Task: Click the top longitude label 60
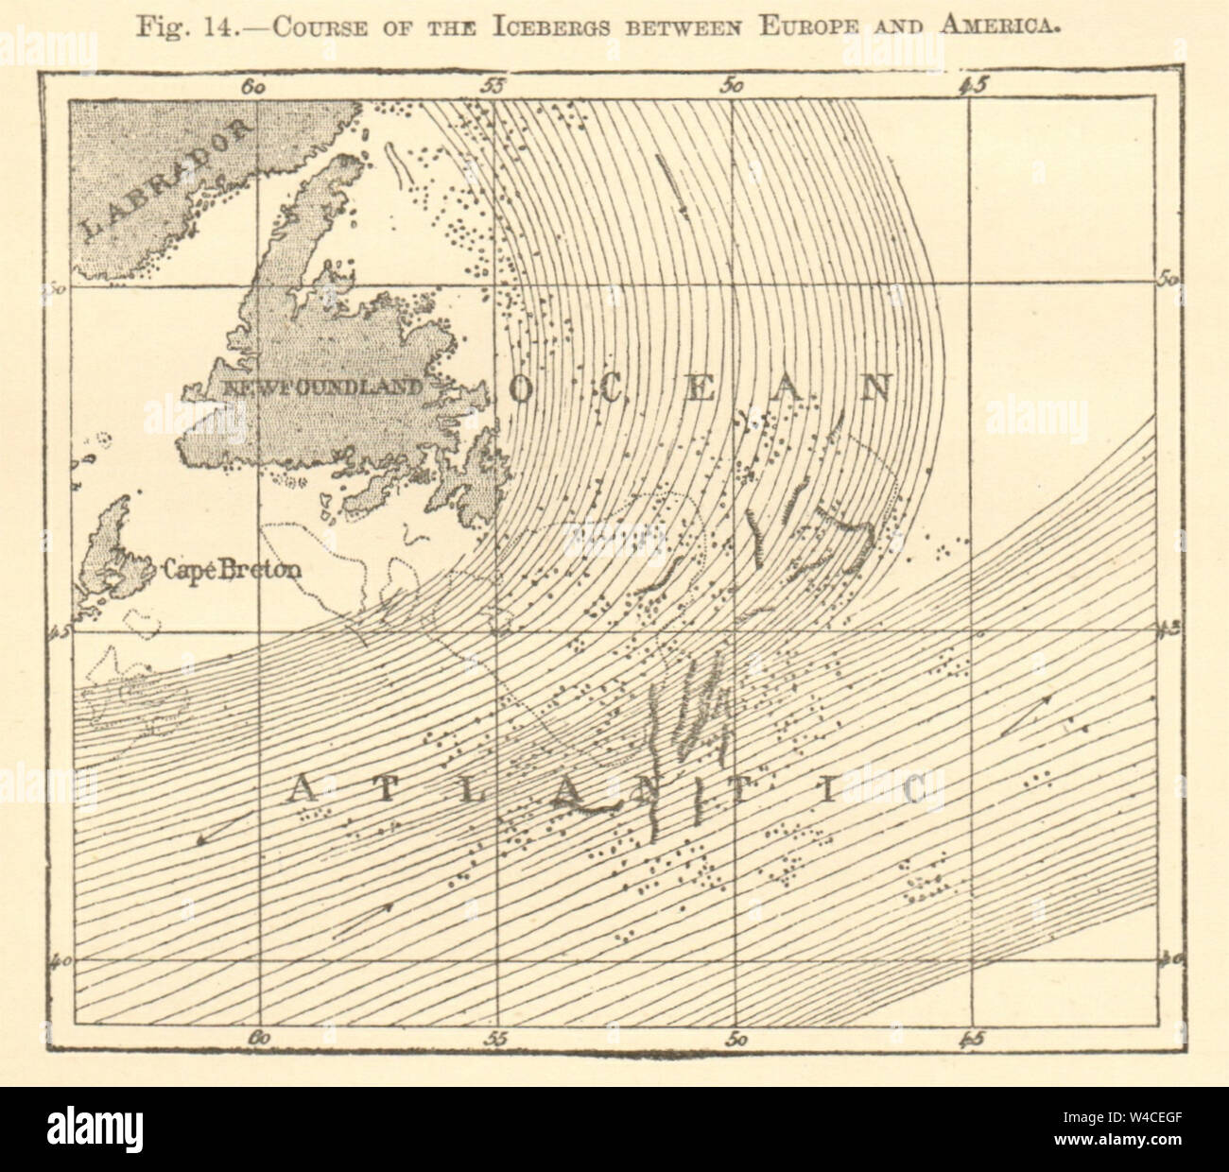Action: (x=252, y=87)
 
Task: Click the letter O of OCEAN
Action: (x=524, y=389)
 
